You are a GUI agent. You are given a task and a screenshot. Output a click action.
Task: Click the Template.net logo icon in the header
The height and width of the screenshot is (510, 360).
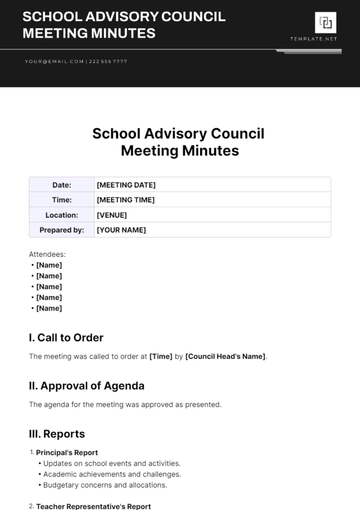(x=325, y=23)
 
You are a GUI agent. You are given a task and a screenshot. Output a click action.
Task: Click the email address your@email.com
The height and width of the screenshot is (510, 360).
(x=49, y=61)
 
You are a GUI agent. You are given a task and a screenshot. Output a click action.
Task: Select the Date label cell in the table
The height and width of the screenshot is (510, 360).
(x=61, y=185)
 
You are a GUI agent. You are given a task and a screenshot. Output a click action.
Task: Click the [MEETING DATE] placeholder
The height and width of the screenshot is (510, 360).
(x=125, y=185)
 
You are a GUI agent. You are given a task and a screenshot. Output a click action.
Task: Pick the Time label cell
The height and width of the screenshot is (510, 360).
(x=61, y=200)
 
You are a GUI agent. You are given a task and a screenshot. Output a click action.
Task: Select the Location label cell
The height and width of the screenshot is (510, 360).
(x=61, y=215)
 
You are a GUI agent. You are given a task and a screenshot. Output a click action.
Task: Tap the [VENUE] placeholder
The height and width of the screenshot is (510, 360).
(x=112, y=215)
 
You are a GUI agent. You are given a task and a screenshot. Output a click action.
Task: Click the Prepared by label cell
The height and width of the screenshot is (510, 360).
(x=61, y=230)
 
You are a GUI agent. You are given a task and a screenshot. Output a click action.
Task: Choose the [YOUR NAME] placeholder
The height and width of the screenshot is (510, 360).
(x=121, y=230)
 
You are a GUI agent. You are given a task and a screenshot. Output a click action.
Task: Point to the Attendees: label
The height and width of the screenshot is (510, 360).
(x=47, y=255)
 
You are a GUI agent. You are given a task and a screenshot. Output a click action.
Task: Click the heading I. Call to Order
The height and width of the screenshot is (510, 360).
(x=66, y=337)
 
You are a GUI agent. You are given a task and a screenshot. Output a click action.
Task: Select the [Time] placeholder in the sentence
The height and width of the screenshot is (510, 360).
(x=160, y=356)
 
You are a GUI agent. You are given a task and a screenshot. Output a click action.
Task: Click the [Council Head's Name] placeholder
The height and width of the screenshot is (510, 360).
(x=226, y=356)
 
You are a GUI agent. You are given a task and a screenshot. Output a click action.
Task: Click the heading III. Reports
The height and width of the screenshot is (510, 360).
(x=57, y=434)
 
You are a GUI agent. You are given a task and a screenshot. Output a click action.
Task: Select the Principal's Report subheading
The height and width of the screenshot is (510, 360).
(x=67, y=453)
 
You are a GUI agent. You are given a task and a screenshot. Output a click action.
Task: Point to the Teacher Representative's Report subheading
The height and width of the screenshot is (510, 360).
(x=93, y=506)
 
